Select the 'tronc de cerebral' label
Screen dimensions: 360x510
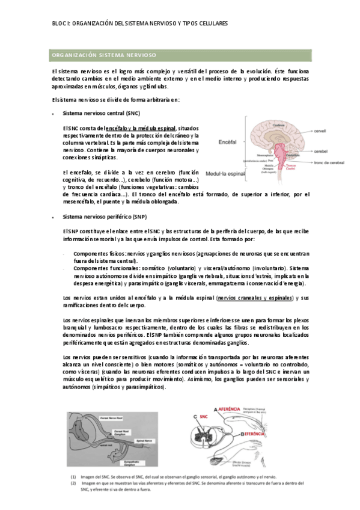pos(329,163)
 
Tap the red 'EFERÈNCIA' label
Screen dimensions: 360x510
pos(257,432)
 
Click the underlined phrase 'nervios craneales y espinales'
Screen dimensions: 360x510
pos(255,297)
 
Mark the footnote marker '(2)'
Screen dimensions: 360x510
pos(73,482)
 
